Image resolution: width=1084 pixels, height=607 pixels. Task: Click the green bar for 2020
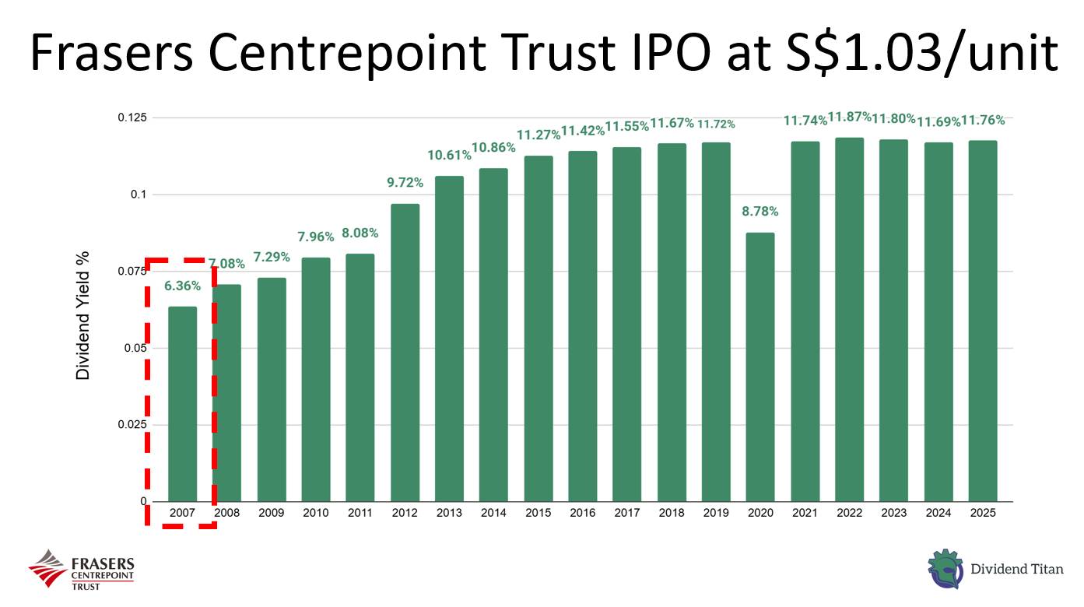tap(760, 367)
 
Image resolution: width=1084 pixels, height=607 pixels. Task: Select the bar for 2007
tap(182, 404)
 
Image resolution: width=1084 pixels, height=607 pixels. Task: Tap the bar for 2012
tap(405, 353)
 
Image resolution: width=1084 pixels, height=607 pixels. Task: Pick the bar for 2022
tap(849, 319)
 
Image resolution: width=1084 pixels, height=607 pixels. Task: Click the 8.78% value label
tap(760, 212)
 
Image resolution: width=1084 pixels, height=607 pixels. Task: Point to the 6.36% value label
tap(182, 286)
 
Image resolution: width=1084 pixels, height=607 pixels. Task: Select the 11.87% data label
tap(849, 118)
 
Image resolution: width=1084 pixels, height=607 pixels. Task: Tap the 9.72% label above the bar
tap(405, 183)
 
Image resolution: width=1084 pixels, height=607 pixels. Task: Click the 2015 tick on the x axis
tap(538, 513)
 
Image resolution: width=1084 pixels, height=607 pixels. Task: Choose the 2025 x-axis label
tap(982, 513)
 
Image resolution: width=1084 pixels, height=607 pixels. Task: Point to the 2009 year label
tap(272, 513)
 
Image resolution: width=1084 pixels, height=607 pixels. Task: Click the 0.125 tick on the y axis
tap(132, 118)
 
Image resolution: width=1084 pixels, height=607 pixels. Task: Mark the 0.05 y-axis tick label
tap(135, 348)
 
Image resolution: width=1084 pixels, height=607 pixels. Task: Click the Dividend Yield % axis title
tap(83, 315)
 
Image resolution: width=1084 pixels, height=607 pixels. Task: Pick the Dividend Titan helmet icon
tap(945, 569)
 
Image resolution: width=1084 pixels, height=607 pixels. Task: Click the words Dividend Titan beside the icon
tap(1016, 570)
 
